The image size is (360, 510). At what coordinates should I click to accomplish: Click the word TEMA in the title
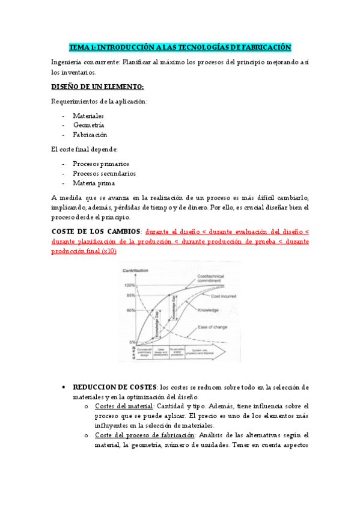coord(78,47)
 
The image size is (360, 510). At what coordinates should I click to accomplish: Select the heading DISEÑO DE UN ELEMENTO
coord(93,87)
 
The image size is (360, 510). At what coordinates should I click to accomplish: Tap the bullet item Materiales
coord(88,115)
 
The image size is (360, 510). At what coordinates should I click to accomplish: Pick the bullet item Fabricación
coord(90,135)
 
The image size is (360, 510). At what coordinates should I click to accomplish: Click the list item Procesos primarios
coord(101,164)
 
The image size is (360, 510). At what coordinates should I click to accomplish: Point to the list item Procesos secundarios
coord(104,173)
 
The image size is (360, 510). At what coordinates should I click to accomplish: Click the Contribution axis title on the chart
coord(135,271)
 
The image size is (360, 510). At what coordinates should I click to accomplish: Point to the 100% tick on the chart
coord(130,285)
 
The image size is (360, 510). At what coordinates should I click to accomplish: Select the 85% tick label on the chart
coord(130,295)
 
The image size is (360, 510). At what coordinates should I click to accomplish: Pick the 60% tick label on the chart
coord(130,310)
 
